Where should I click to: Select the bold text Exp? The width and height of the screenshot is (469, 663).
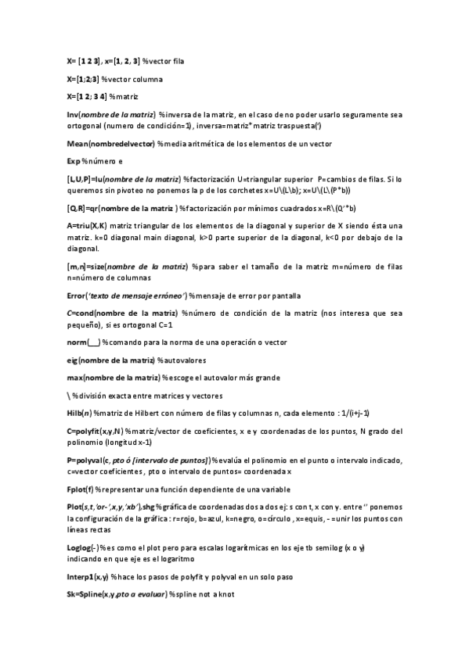pyautogui.click(x=74, y=160)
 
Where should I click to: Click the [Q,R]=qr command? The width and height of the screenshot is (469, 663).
pyautogui.click(x=85, y=208)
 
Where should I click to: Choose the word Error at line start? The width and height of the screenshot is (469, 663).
pyautogui.click(x=77, y=296)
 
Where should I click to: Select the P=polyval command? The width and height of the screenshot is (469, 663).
pyautogui.click(x=87, y=460)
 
